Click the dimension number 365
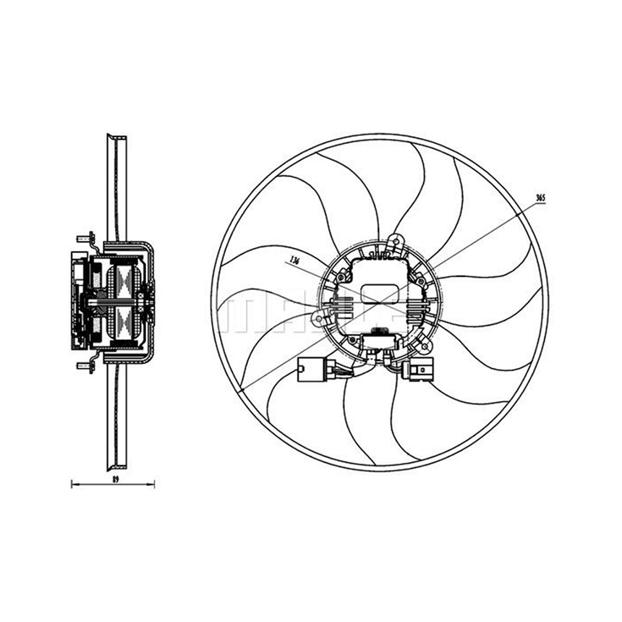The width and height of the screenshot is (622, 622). coord(540,197)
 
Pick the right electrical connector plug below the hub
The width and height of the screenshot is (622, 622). coord(423,370)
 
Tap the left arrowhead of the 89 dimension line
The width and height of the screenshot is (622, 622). coord(73,484)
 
